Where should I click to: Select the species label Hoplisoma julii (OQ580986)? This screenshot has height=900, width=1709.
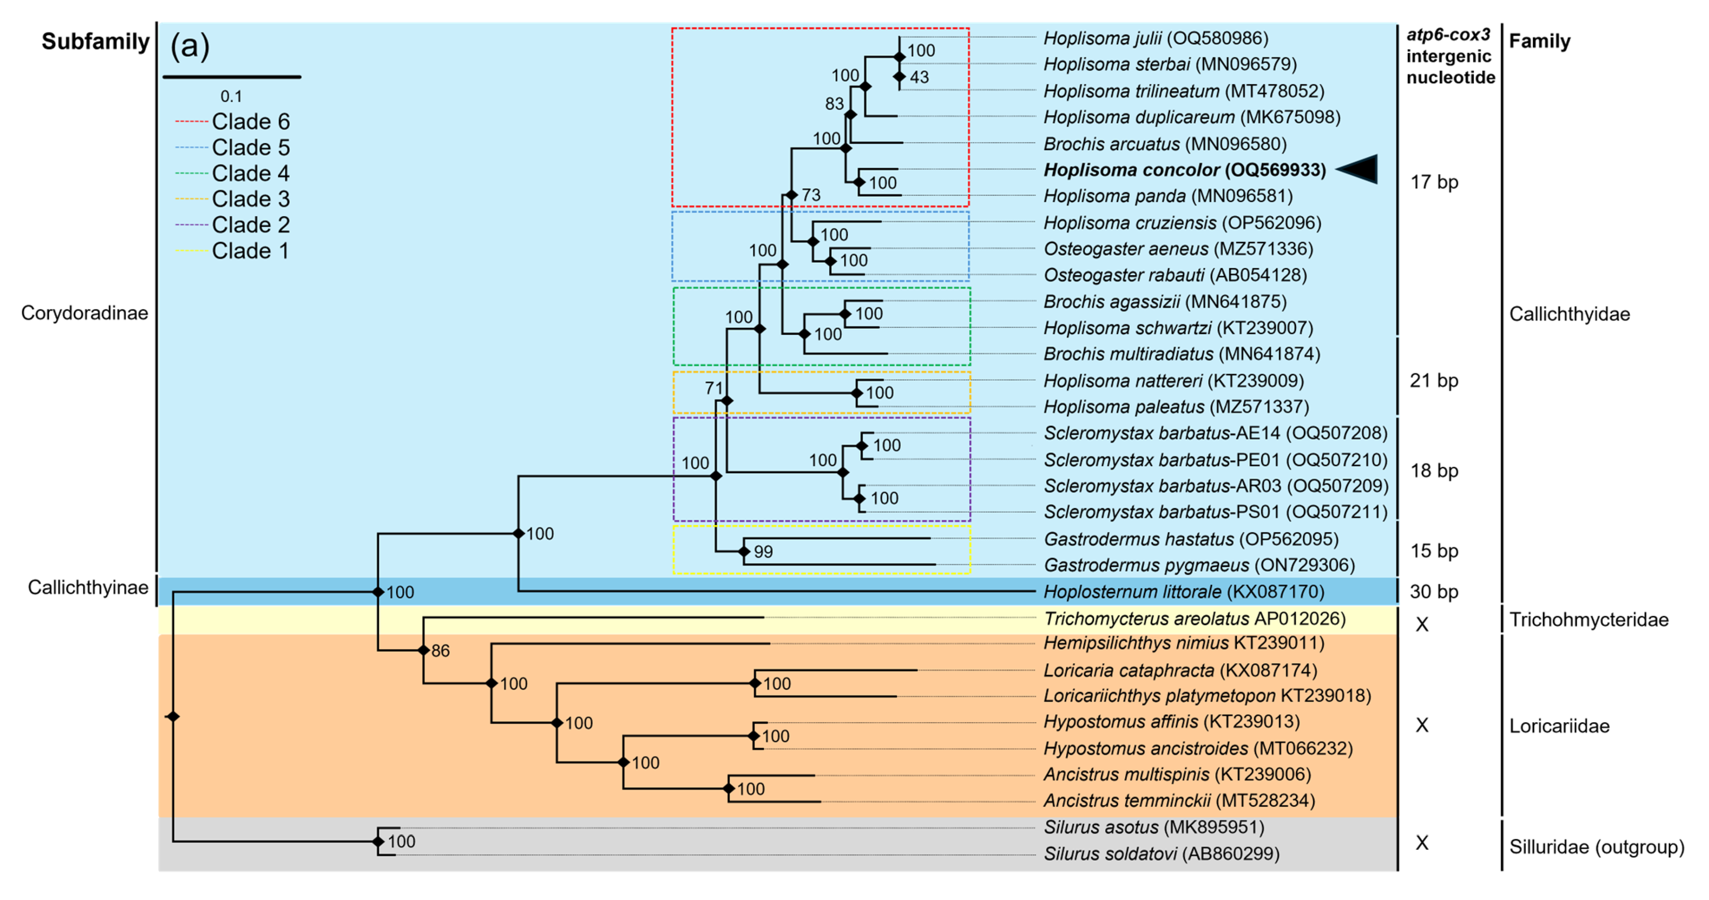[x=1155, y=38]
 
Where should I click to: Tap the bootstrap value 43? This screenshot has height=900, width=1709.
[x=919, y=77]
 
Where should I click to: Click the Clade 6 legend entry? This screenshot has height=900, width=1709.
[x=250, y=121]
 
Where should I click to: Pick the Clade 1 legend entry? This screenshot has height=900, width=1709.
[x=250, y=251]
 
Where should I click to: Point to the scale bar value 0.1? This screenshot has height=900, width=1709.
[x=231, y=96]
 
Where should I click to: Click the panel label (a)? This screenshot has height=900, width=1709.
[x=190, y=47]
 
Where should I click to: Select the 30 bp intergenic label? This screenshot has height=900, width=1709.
[x=1434, y=591]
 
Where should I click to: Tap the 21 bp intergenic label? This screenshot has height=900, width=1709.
[x=1434, y=381]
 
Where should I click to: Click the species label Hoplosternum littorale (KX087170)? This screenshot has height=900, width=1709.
[x=1184, y=591]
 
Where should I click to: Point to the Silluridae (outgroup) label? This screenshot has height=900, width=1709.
[x=1596, y=847]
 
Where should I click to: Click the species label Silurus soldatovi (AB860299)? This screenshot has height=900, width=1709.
[x=1161, y=853]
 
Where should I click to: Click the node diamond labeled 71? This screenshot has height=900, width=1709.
[x=727, y=401]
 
